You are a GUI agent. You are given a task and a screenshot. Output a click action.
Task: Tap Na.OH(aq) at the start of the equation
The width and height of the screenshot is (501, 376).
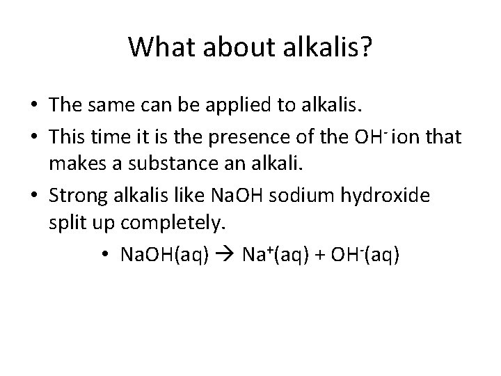pos(164,255)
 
